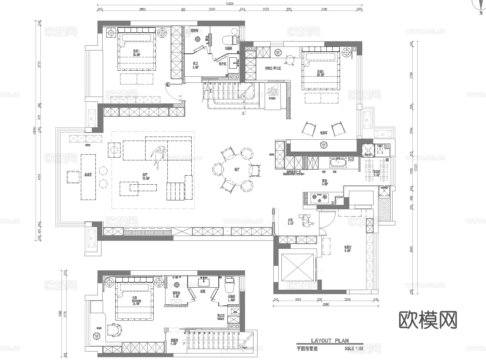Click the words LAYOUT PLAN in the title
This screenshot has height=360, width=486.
(330, 341)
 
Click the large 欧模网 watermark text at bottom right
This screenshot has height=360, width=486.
(428, 320)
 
